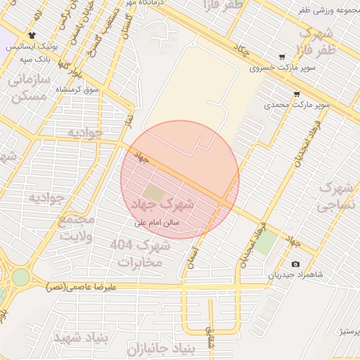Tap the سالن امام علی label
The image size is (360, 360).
(158, 222)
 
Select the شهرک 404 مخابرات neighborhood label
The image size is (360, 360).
(141, 253)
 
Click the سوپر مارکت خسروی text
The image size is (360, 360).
(278, 70)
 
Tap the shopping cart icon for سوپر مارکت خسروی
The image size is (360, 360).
(281, 58)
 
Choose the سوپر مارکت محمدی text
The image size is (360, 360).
(287, 105)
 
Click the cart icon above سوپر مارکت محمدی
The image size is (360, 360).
(297, 94)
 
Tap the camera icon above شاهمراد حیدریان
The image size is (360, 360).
(294, 264)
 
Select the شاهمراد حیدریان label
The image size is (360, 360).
(295, 274)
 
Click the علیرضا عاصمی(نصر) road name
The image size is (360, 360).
(82, 287)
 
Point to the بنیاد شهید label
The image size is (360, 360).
(81, 336)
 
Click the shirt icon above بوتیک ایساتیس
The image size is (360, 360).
(32, 34)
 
